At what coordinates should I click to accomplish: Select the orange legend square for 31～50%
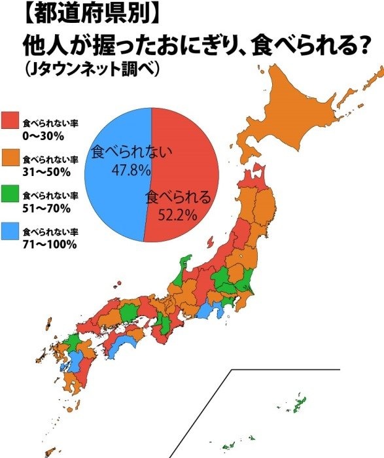point(11,158)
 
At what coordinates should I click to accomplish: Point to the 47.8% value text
point(131,170)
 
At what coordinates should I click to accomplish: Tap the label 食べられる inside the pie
point(179,196)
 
